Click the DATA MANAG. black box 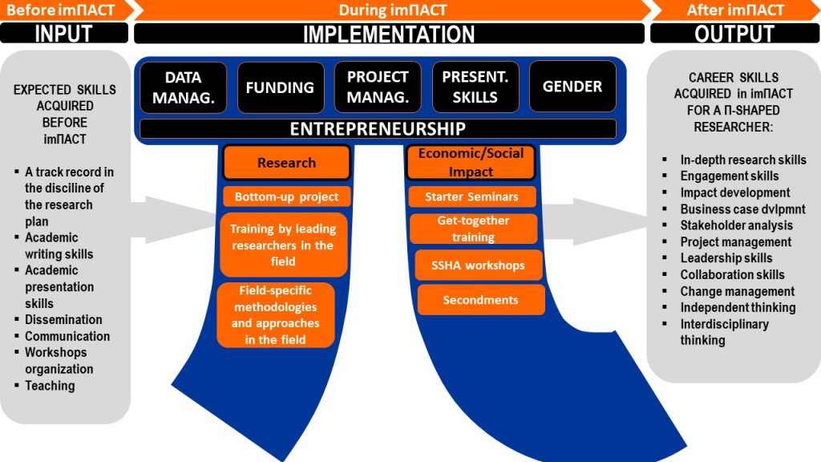click(184, 87)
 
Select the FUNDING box click(281, 87)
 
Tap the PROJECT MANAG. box click(378, 87)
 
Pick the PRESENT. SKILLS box click(475, 87)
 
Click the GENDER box click(572, 87)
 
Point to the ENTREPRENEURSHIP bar click(378, 129)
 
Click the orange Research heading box click(286, 162)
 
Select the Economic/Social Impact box click(471, 162)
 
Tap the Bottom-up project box click(286, 197)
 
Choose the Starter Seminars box click(471, 197)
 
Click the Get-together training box click(473, 229)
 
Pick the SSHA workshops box click(478, 265)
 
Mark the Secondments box click(481, 300)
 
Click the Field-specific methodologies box click(276, 314)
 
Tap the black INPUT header click(64, 34)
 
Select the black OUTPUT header click(735, 34)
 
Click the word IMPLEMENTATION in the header click(389, 34)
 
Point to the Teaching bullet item click(50, 386)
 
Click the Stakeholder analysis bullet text click(736, 225)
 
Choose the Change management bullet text click(738, 292)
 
